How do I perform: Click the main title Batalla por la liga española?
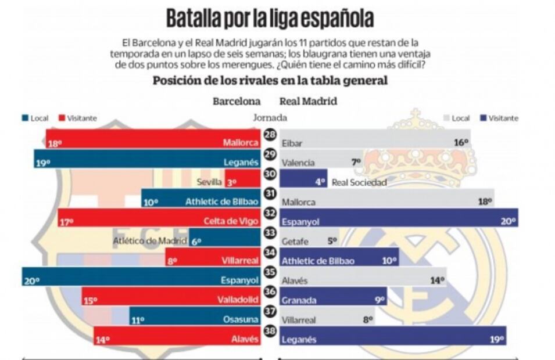[x=270, y=18]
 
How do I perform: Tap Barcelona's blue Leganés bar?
[x=145, y=159]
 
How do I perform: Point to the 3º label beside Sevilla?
[x=231, y=182]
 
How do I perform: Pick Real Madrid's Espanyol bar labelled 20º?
[x=398, y=218]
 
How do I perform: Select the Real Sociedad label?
[x=359, y=182]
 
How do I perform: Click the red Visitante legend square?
[x=62, y=118]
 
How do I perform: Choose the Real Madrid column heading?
[x=308, y=101]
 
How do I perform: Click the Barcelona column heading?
[x=236, y=101]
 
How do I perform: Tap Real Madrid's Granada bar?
[x=332, y=297]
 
